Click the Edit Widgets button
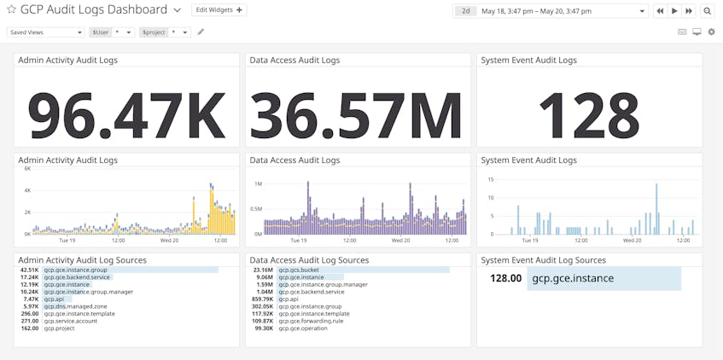click(x=219, y=10)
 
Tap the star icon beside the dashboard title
click(x=11, y=10)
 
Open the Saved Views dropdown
click(x=45, y=32)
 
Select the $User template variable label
click(x=101, y=32)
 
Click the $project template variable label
click(x=154, y=32)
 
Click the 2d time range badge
click(x=465, y=11)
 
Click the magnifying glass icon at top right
click(x=708, y=11)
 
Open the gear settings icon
click(x=711, y=32)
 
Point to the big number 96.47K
click(x=126, y=113)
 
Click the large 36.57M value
click(x=357, y=113)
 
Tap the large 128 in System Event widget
click(x=588, y=113)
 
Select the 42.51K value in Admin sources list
click(x=30, y=270)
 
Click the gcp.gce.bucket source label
click(x=297, y=270)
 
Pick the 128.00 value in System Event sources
click(x=505, y=278)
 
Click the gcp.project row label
click(x=60, y=328)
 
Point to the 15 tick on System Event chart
click(x=490, y=180)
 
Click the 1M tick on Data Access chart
click(x=258, y=184)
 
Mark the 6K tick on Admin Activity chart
click(x=26, y=169)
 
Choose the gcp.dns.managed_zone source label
click(x=75, y=306)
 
